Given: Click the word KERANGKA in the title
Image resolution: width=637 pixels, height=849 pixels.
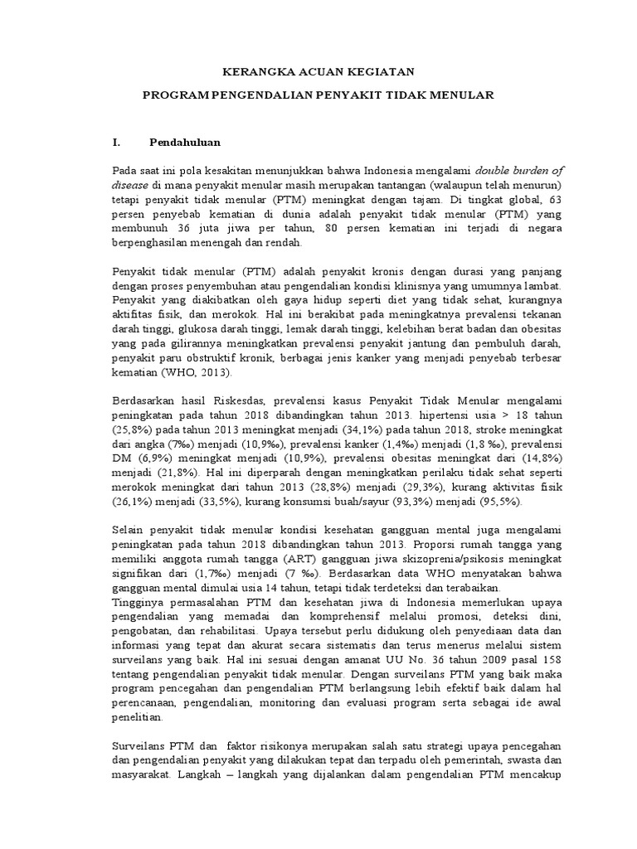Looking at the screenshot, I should [252, 73].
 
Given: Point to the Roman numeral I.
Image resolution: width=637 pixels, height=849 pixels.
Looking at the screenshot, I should [114, 143].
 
